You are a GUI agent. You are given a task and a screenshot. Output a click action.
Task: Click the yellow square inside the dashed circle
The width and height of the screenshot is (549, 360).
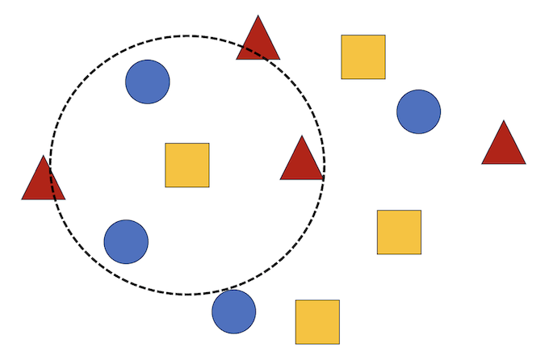pyautogui.click(x=187, y=165)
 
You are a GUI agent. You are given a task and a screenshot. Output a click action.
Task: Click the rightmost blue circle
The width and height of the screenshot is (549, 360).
pyautogui.click(x=418, y=111)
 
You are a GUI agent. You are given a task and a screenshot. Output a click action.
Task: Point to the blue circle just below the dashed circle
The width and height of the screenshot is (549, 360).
pyautogui.click(x=234, y=312)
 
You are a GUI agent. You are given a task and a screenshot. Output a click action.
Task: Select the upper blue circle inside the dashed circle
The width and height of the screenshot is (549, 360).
pyautogui.click(x=148, y=82)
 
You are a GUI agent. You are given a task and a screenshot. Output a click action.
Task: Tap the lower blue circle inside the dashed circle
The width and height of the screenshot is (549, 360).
pyautogui.click(x=126, y=241)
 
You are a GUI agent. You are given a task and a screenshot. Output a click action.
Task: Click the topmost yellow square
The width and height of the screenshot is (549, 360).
pyautogui.click(x=363, y=57)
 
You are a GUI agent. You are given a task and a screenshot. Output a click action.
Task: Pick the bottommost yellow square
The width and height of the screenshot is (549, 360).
pyautogui.click(x=317, y=321)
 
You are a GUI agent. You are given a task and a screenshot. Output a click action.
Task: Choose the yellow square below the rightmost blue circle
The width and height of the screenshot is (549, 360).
pyautogui.click(x=399, y=232)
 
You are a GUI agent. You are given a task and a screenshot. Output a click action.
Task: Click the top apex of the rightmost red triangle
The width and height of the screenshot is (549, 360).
pyautogui.click(x=504, y=121)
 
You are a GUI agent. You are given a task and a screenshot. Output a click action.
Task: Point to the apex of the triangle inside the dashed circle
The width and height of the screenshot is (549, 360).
pyautogui.click(x=302, y=136)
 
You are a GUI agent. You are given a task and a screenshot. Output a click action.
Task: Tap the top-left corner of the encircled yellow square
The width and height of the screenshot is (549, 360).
pyautogui.click(x=166, y=144)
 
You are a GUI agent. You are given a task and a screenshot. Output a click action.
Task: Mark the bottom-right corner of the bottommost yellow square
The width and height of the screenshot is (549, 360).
pyautogui.click(x=339, y=343)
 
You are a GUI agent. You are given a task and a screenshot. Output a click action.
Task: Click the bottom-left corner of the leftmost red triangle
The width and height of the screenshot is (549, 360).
pyautogui.click(x=22, y=199)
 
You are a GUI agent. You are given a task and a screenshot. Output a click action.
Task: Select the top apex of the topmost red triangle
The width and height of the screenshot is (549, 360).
pyautogui.click(x=258, y=15)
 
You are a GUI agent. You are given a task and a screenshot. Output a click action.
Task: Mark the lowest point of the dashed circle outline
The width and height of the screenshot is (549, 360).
pyautogui.click(x=187, y=294)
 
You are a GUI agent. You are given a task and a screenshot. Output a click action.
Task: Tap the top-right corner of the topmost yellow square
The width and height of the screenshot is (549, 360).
pyautogui.click(x=385, y=36)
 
